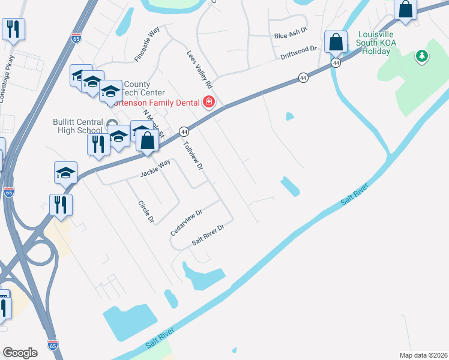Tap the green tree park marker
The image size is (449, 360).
422,56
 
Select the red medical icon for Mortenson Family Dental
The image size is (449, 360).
209,102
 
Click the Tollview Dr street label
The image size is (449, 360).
193,156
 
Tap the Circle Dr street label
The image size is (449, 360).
145,211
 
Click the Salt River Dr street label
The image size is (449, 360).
208,234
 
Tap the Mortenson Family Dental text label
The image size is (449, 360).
161,103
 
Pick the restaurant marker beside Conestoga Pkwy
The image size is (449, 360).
13,29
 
